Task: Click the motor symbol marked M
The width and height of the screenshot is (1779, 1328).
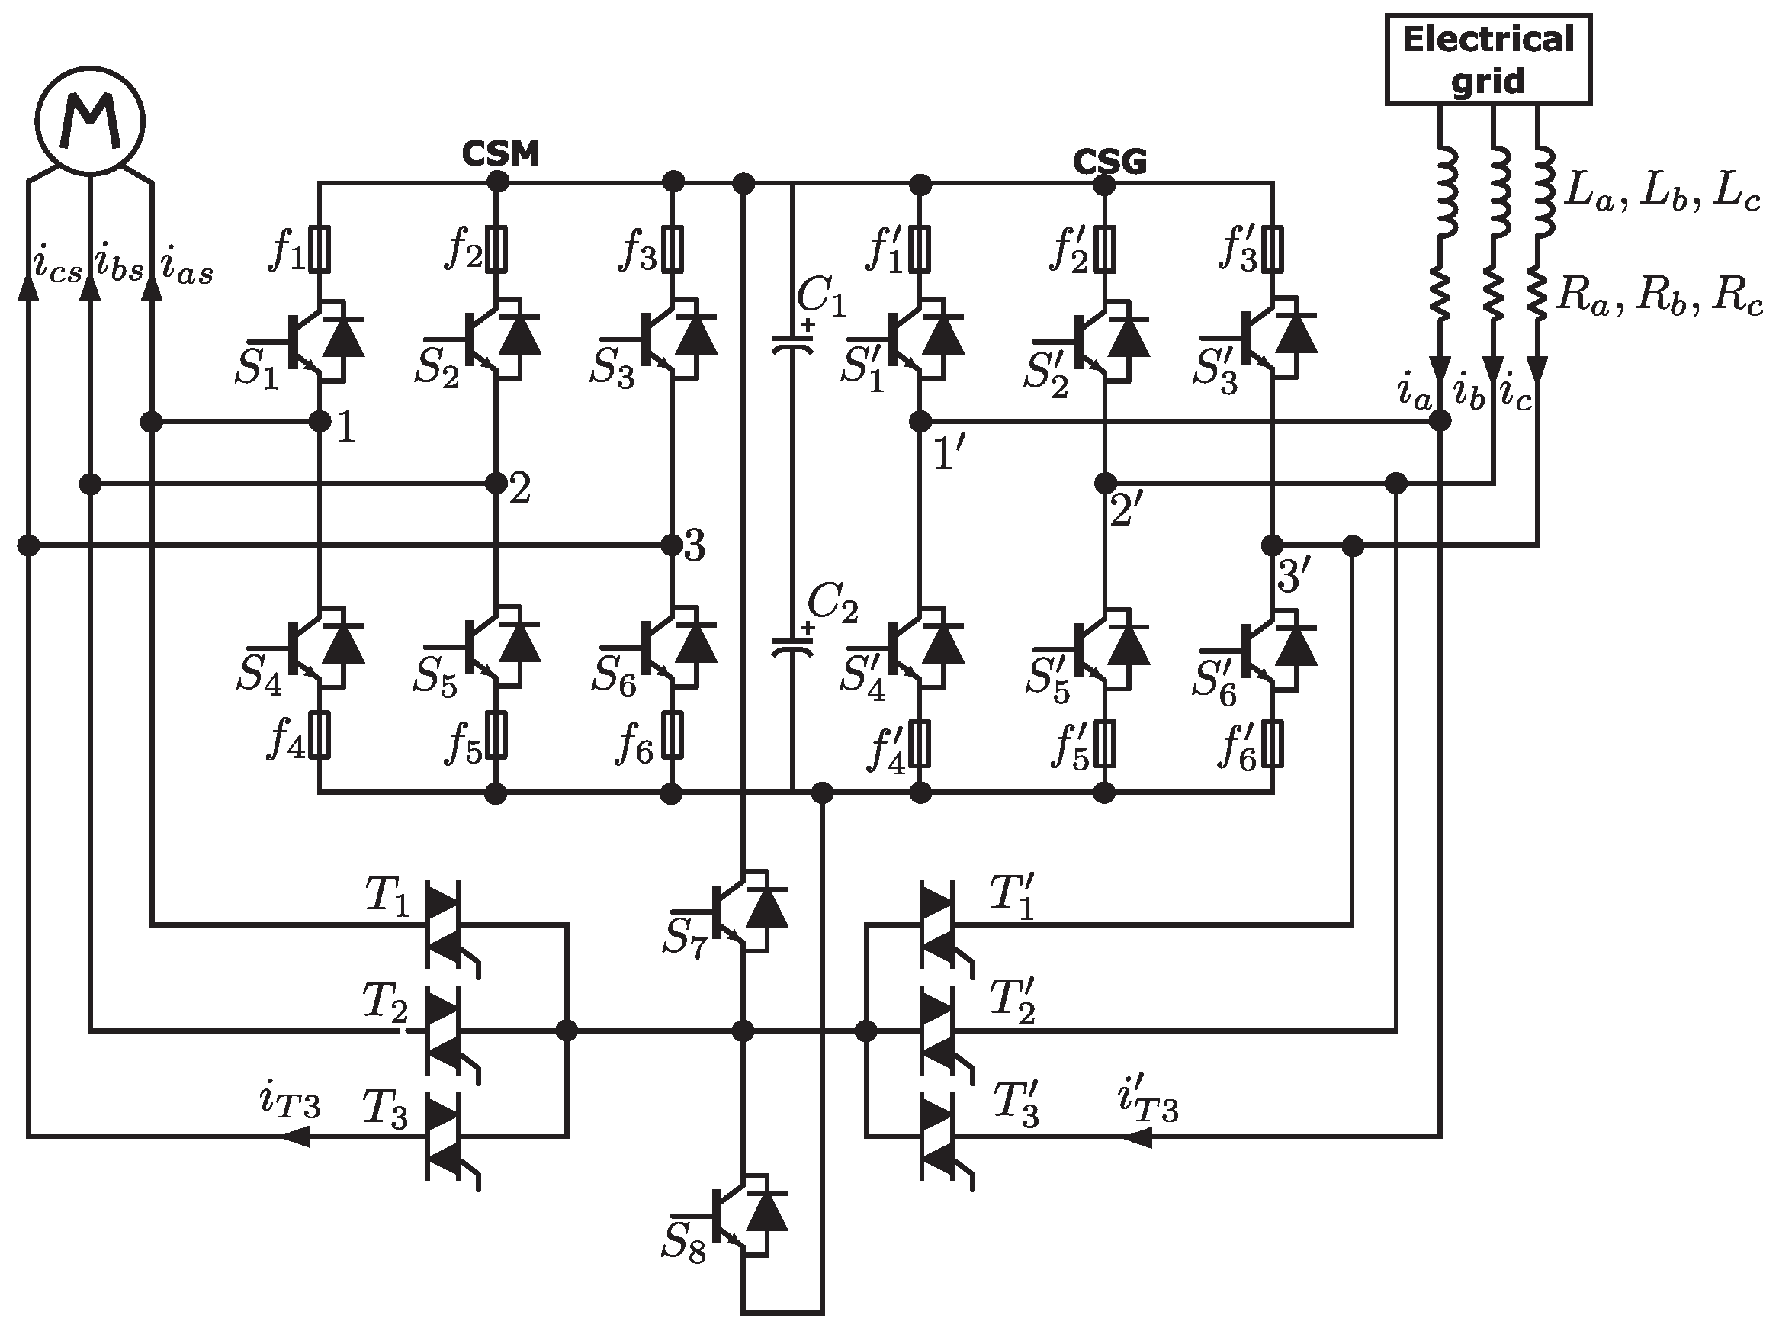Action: tap(90, 121)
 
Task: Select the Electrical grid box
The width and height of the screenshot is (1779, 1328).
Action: tap(1488, 59)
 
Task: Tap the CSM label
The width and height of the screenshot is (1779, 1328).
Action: tap(499, 153)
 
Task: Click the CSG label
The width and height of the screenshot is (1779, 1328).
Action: tap(1109, 162)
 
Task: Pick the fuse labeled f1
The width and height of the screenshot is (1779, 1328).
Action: tap(320, 249)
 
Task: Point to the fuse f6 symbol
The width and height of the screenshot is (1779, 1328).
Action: tap(673, 735)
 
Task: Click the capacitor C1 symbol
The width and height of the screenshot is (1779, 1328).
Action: tap(792, 346)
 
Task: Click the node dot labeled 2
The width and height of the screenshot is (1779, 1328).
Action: tap(496, 483)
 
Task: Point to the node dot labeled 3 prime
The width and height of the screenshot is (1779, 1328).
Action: tap(1272, 545)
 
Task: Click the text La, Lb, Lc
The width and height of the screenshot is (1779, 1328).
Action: tap(1662, 194)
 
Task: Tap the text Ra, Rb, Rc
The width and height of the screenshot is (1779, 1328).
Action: tap(1660, 297)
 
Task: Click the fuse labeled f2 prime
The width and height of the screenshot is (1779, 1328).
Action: tap(1106, 249)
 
